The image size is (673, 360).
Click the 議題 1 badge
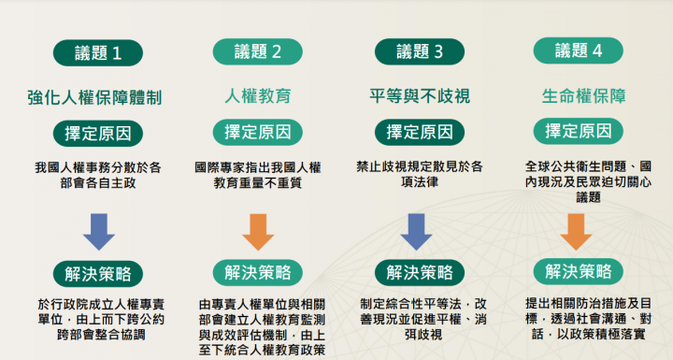pyautogui.click(x=98, y=52)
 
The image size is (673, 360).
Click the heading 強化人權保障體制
pyautogui.click(x=98, y=96)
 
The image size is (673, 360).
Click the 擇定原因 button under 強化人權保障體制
pyautogui.click(x=98, y=132)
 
